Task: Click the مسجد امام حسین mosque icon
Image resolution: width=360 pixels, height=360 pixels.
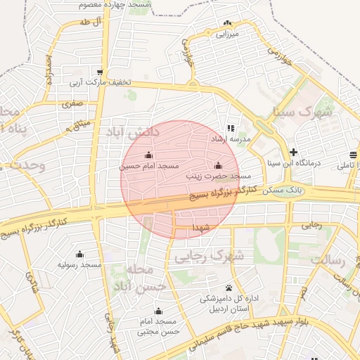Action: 148,155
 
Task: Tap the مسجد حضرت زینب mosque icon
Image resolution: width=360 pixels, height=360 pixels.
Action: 218,166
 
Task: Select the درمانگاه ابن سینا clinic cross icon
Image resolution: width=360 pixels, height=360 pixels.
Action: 293,152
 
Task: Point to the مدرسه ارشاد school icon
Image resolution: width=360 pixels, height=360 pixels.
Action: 230,128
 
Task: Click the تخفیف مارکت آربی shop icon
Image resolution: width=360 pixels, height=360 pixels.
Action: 101,72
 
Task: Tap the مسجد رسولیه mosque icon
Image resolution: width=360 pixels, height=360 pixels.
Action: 79,254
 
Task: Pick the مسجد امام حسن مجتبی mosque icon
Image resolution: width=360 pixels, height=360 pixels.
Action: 158,311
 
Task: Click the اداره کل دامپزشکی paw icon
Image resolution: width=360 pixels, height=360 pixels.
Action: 229,288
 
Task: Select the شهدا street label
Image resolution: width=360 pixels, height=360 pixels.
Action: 201,228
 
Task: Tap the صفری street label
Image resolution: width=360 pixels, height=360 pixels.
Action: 72,103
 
